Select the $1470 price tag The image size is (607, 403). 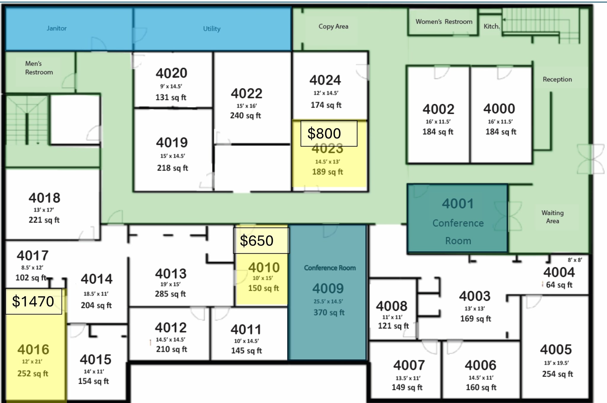33,301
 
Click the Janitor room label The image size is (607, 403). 57,28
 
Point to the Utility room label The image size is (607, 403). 212,29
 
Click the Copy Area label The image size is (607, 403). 333,26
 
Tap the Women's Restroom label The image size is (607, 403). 444,22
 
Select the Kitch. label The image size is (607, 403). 492,26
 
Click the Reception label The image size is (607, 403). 557,79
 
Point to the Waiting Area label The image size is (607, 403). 552,217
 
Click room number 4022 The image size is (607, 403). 247,93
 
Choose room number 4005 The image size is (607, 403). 556,349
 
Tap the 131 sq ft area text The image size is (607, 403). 171,97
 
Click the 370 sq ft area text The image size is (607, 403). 329,312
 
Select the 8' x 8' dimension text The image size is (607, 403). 575,260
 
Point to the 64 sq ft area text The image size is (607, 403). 559,285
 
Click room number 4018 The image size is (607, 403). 44,198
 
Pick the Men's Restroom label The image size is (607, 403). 39,68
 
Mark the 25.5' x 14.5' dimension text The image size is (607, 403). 328,301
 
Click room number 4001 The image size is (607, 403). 458,204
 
